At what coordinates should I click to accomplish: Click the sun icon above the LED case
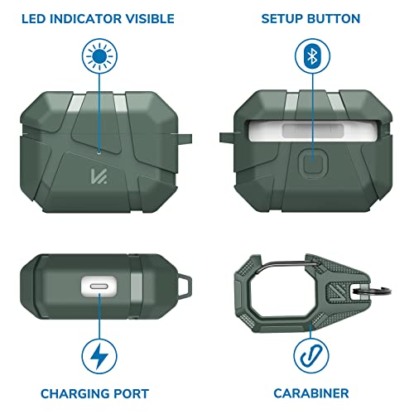99,56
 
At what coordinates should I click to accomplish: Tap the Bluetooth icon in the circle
312,56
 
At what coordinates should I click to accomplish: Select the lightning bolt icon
99,356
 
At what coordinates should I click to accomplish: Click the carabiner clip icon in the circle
311,356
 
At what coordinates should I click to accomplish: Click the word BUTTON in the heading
334,19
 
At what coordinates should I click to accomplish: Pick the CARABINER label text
311,393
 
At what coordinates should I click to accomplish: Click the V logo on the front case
99,176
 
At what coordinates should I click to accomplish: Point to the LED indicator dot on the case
99,151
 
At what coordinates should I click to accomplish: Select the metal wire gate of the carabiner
287,264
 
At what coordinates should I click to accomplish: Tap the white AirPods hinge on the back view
313,130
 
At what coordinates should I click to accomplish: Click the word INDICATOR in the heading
85,19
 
